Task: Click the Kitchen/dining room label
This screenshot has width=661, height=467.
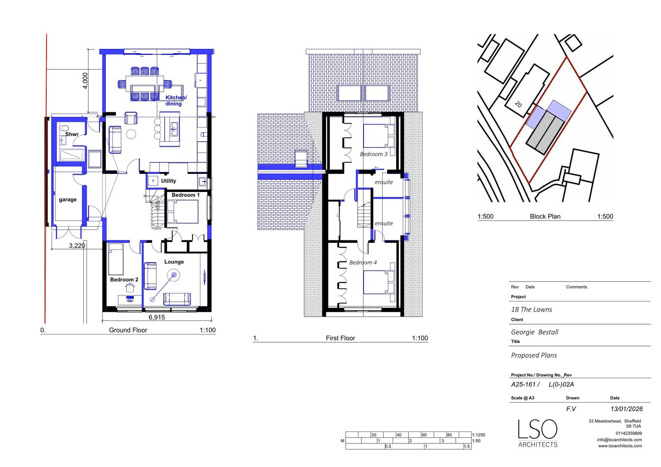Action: pos(176,100)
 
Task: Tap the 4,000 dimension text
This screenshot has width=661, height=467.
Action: pos(85,81)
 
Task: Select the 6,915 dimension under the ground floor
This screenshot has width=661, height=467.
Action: pos(157,317)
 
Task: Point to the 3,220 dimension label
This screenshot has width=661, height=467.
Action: pos(77,246)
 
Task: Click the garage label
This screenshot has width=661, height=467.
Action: pos(68,199)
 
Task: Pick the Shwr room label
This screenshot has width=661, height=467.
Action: pos(71,134)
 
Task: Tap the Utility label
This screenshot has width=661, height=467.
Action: pos(169,181)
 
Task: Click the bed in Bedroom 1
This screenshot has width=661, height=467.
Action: pos(182,211)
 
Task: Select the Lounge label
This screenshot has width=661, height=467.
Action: pos(174,262)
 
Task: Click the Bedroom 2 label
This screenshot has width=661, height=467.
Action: pos(124,280)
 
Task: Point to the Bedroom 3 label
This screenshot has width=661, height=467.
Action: pos(373,154)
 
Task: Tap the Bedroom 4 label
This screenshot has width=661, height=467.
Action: pos(363,262)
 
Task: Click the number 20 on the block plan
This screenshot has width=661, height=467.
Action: pos(518,104)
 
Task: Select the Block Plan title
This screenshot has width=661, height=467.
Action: pos(545,216)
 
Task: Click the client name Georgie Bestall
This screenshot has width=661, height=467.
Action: pos(535,332)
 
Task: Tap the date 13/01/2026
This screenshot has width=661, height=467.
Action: pos(627,409)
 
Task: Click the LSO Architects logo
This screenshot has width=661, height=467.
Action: pos(538,433)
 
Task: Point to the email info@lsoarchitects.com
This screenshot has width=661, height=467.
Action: pos(619,440)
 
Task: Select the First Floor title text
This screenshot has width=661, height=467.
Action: pos(340,338)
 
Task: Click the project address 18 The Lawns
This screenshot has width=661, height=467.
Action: pos(531,309)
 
